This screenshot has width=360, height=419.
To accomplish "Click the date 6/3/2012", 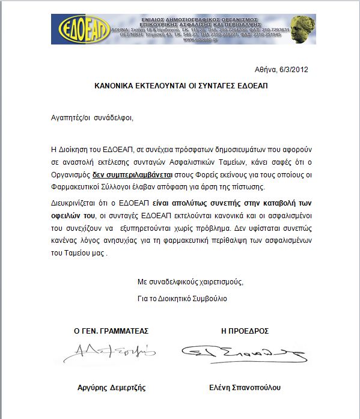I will pos(293,70).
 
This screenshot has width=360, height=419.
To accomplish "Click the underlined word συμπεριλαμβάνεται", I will pos(141,176).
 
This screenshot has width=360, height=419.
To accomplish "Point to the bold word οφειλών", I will pos(63,215).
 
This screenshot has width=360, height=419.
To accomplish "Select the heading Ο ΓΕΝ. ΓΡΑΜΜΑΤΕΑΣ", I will pos(111,331).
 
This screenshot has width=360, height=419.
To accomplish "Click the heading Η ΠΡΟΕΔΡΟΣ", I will pos(245,331).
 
